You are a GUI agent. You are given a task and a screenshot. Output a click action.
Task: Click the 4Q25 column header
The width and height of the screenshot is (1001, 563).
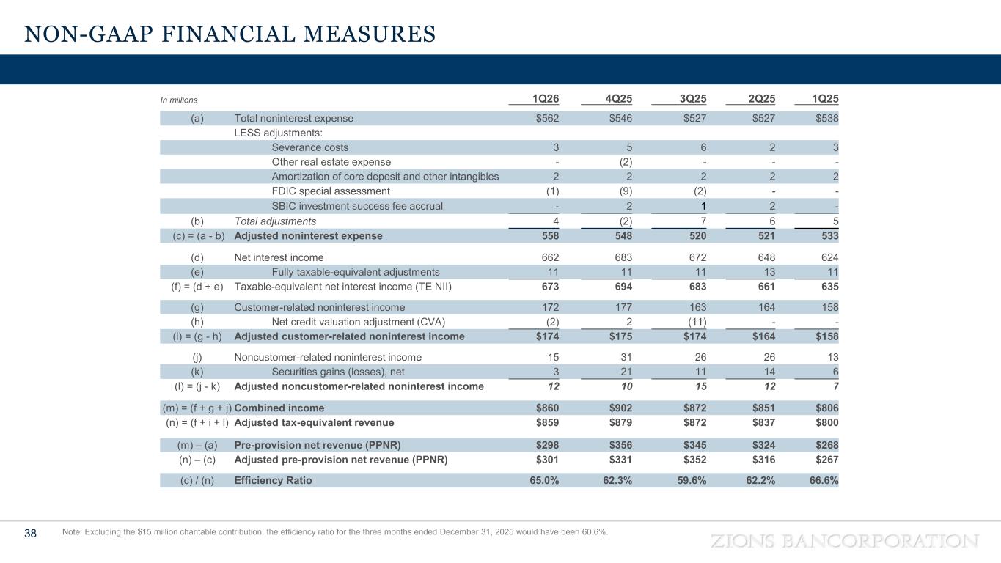coord(618,99)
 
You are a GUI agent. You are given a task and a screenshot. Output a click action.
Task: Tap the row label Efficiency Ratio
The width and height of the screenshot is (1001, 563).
coord(273,481)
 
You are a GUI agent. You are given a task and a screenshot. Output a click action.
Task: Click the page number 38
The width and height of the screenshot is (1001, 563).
coord(31,534)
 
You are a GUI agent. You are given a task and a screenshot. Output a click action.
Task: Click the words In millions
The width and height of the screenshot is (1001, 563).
coord(179,100)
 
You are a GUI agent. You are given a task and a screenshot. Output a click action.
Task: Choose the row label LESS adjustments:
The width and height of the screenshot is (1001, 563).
coord(278,133)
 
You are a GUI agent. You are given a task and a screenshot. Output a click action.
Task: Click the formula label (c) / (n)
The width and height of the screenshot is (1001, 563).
coord(197,481)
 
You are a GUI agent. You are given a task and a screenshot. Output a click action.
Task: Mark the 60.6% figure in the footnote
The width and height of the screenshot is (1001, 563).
coord(593,532)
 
